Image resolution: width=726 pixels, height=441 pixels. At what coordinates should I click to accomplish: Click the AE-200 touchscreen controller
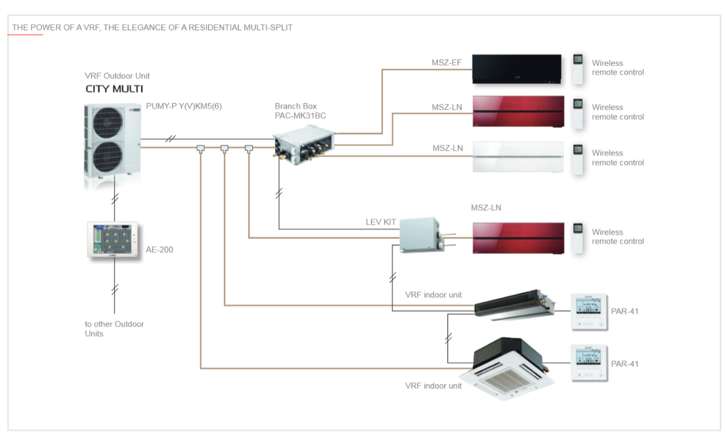[113, 240]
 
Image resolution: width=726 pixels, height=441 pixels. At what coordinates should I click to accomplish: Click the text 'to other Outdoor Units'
[114, 328]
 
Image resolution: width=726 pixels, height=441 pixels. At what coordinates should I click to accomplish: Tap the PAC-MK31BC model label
[300, 116]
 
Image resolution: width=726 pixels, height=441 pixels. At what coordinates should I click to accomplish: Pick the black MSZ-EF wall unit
[518, 68]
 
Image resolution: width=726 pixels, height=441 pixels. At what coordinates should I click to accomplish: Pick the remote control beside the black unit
[578, 68]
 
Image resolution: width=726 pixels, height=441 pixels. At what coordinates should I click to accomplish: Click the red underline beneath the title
[25, 35]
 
